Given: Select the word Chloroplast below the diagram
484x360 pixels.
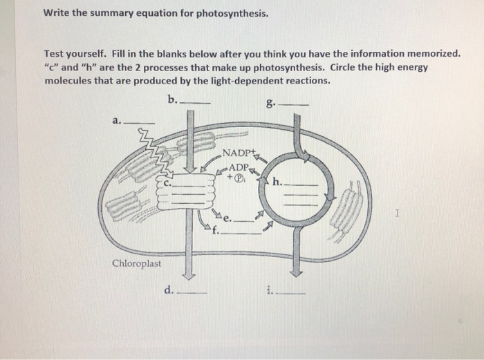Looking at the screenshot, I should tap(137, 264).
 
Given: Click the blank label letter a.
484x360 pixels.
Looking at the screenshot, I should tap(116, 120).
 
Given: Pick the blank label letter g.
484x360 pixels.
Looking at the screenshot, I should tap(268, 105).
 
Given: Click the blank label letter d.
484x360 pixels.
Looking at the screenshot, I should tap(169, 290).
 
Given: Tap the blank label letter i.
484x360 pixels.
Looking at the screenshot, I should tap(269, 290).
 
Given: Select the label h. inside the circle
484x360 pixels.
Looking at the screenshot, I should tap(278, 183).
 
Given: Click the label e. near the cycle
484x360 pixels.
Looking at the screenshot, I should tap(226, 218).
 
